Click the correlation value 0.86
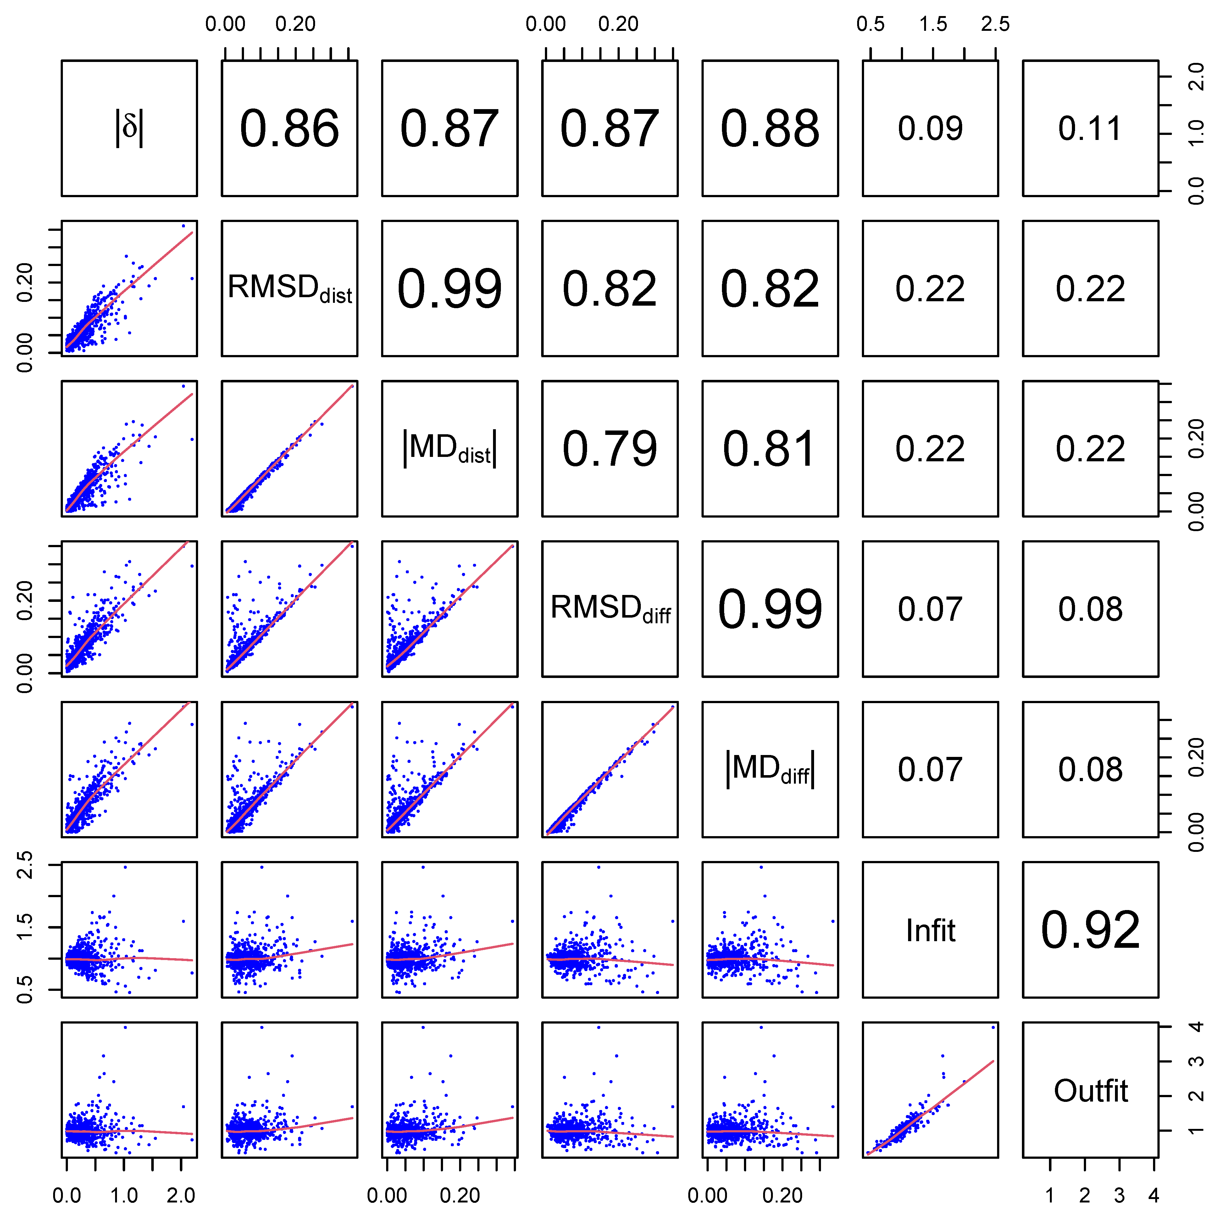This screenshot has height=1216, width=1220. (289, 129)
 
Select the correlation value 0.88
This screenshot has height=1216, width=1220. (770, 129)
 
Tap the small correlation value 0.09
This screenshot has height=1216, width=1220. (930, 129)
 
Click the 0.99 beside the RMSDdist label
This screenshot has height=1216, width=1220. (450, 289)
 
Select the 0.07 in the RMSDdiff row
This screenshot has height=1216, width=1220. (930, 609)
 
